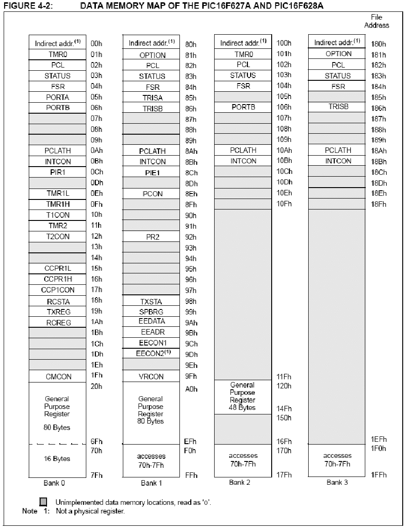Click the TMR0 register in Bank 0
(58, 54)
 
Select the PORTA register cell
(58, 97)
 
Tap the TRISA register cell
(152, 98)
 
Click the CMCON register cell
(58, 377)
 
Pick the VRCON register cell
(152, 377)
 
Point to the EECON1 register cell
(152, 343)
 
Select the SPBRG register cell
(152, 312)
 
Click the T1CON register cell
(58, 215)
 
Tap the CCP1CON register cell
(58, 290)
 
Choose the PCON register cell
(152, 194)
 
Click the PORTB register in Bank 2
(243, 107)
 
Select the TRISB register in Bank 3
(338, 107)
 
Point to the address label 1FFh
(379, 475)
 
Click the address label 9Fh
(190, 377)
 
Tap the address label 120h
(284, 386)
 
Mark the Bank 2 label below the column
(240, 482)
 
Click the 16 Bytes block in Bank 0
(58, 459)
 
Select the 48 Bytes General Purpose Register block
(243, 396)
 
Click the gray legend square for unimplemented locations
(43, 502)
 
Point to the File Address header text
(376, 21)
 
